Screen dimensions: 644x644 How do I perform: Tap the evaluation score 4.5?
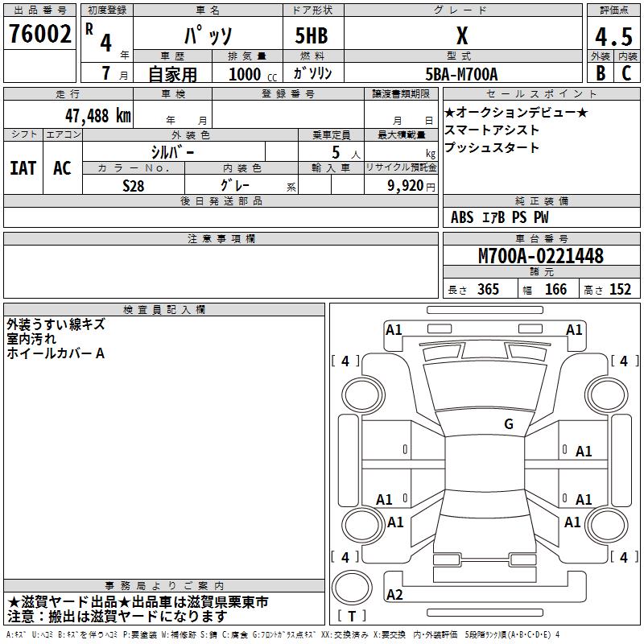[613, 36]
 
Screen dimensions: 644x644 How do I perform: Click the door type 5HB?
[312, 35]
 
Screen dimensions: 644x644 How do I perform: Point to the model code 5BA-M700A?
[461, 74]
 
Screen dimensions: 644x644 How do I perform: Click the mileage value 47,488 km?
[97, 115]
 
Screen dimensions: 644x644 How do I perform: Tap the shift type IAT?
[23, 168]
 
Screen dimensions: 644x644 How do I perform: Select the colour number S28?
[134, 185]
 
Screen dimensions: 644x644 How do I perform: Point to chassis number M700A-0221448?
[540, 256]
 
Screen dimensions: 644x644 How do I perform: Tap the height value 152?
[620, 290]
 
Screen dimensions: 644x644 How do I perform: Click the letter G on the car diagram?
[508, 424]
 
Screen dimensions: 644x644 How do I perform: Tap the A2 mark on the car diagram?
[394, 595]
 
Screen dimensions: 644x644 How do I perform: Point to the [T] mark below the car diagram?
[352, 617]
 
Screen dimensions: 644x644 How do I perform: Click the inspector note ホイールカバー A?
[56, 353]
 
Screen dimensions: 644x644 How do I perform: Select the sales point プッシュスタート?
[492, 148]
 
